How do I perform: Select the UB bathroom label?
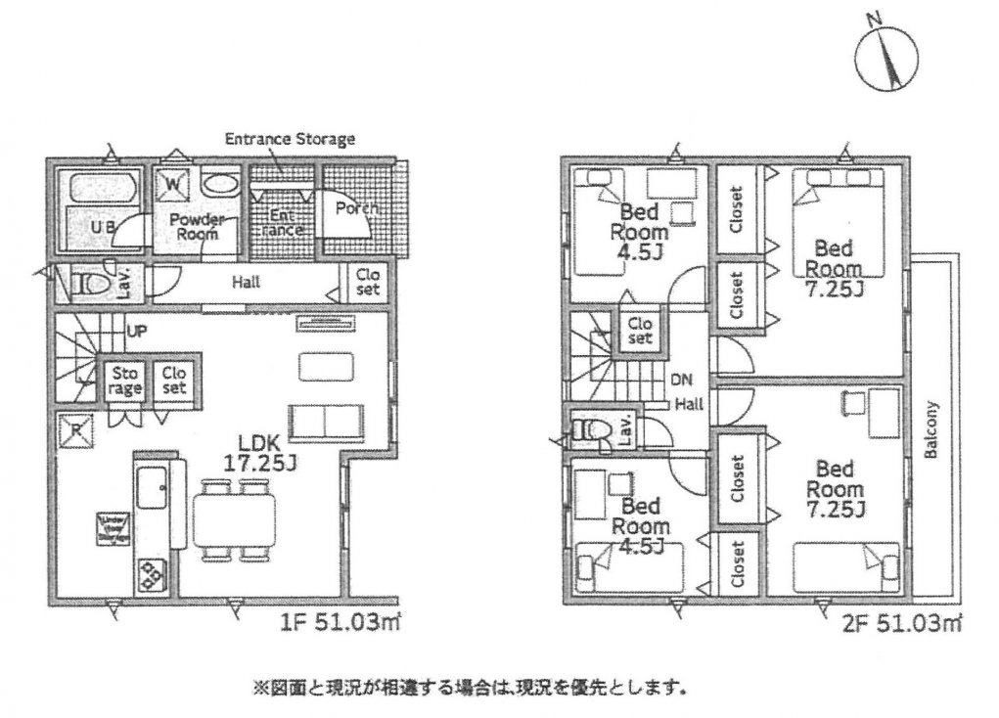click(103, 228)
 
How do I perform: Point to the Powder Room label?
click(198, 227)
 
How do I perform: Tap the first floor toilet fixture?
click(93, 285)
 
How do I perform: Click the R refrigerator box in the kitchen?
click(74, 428)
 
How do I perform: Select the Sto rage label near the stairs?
click(126, 381)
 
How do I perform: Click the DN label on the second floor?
click(680, 380)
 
